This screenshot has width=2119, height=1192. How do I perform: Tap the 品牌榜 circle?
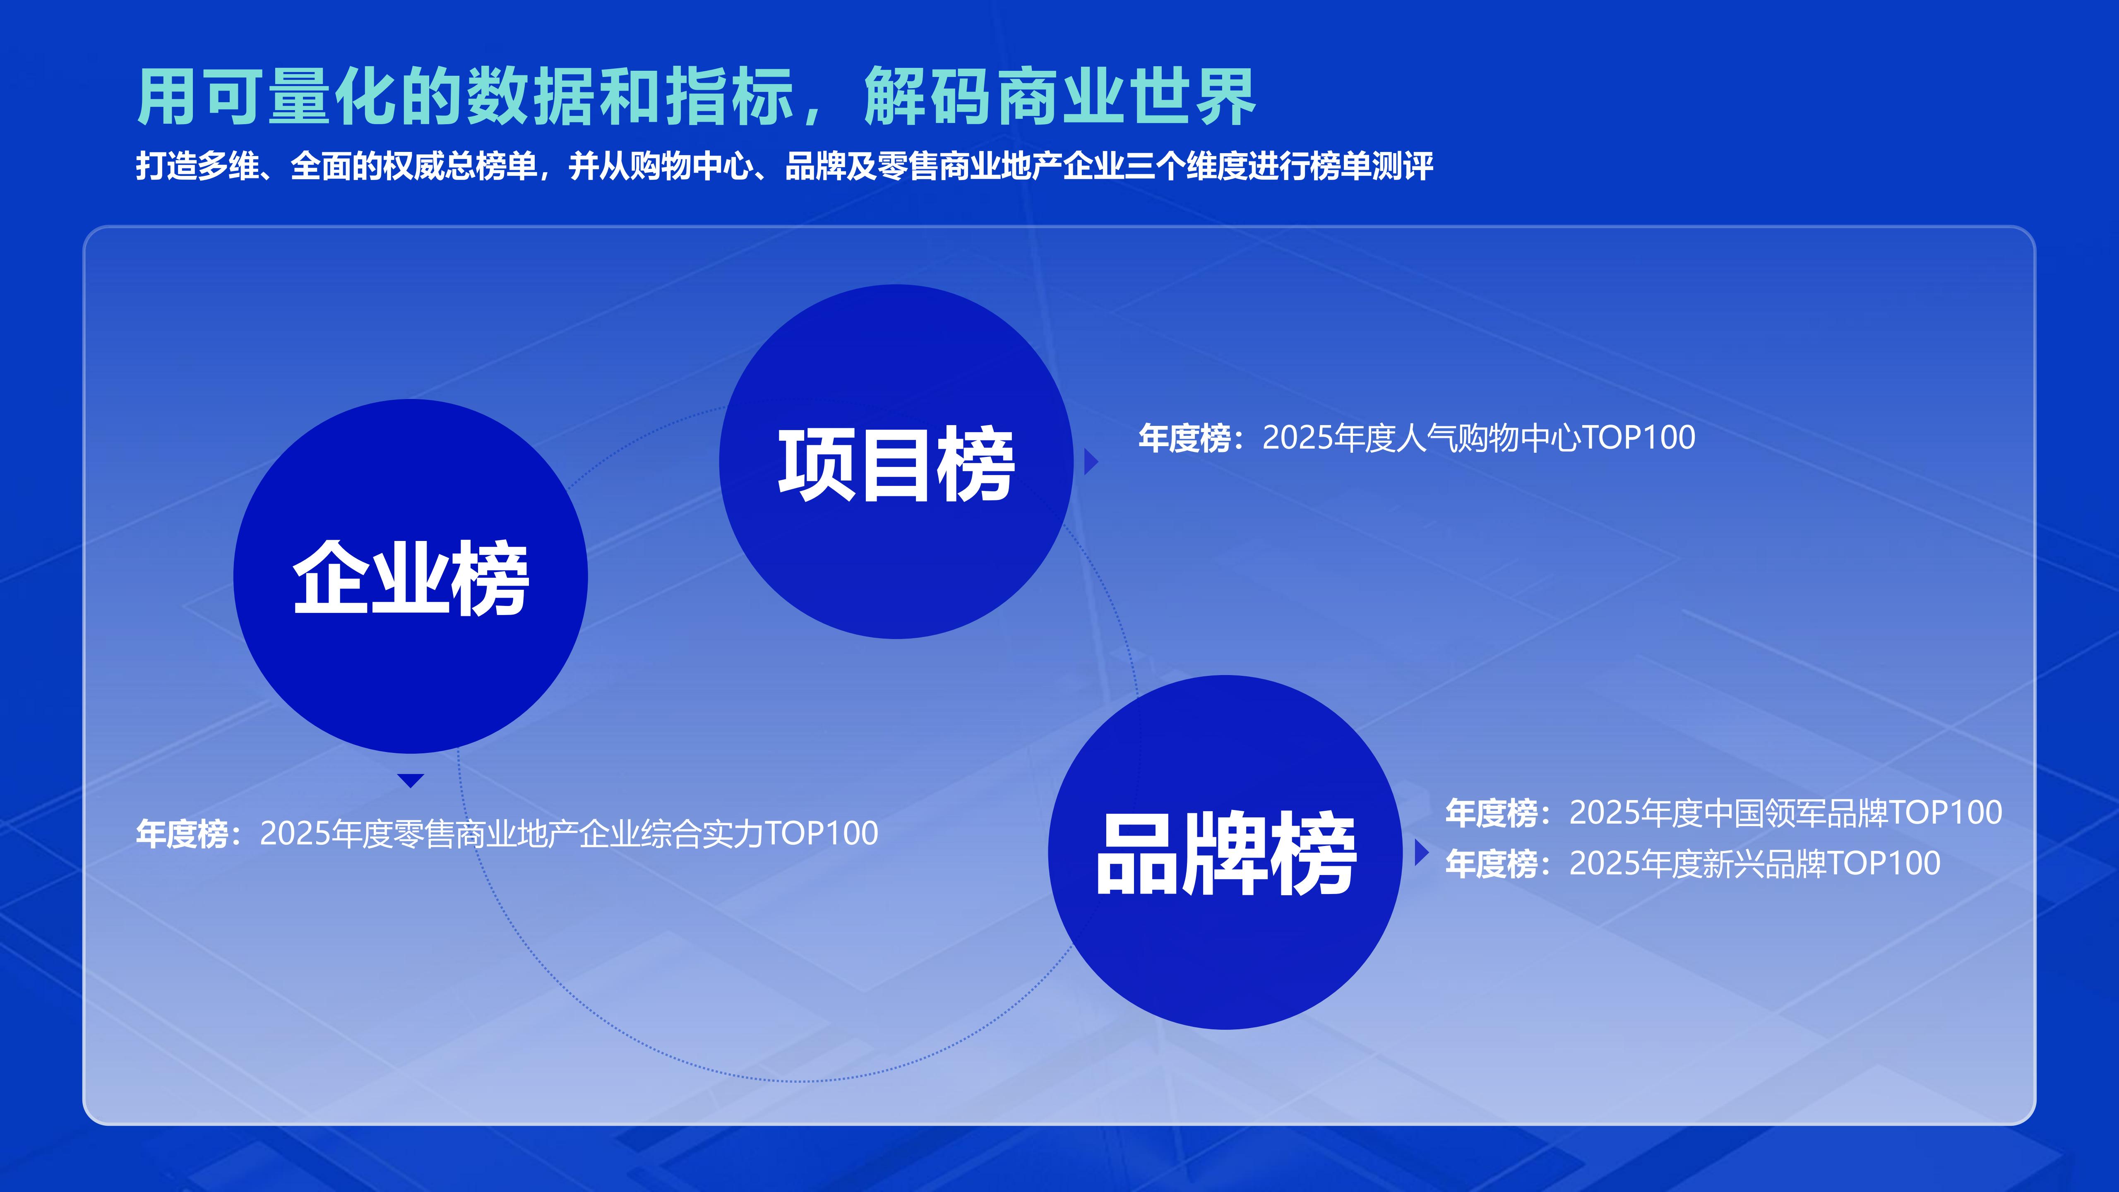click(x=1225, y=852)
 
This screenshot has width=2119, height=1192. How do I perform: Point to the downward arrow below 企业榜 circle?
click(x=411, y=780)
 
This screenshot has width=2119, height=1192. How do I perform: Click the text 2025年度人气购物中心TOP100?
click(x=1478, y=437)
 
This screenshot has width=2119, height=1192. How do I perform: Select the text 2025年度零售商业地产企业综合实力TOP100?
click(x=568, y=833)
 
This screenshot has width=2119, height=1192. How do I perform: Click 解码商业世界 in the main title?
click(x=1059, y=97)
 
